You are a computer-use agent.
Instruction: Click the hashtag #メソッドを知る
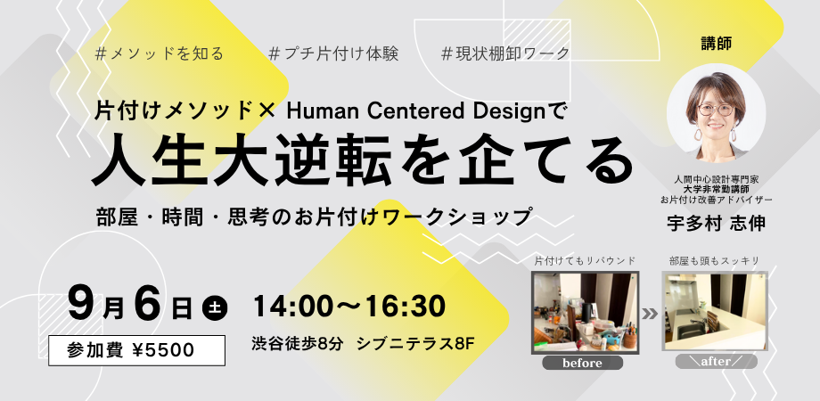pyautogui.click(x=160, y=53)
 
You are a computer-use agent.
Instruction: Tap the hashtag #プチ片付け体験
pyautogui.click(x=333, y=53)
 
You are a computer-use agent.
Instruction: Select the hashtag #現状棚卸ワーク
pyautogui.click(x=505, y=53)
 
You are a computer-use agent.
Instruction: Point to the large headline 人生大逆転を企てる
pyautogui.click(x=363, y=161)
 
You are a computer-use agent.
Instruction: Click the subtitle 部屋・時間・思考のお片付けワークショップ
pyautogui.click(x=315, y=217)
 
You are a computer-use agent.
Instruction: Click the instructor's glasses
pyautogui.click(x=716, y=110)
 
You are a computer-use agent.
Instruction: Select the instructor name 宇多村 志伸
pyautogui.click(x=716, y=224)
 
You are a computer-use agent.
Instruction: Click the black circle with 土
pyautogui.click(x=215, y=307)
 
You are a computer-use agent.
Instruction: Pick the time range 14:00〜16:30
pyautogui.click(x=349, y=307)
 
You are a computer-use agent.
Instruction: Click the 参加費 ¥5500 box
pyautogui.click(x=137, y=350)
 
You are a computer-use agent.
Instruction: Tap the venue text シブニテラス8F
pyautogui.click(x=416, y=344)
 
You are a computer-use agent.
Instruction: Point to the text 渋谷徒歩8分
pyautogui.click(x=298, y=344)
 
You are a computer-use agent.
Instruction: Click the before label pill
pyautogui.click(x=583, y=363)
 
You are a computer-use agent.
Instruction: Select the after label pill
pyautogui.click(x=716, y=362)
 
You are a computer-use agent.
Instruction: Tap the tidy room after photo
pyautogui.click(x=716, y=312)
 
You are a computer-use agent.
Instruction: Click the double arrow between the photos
pyautogui.click(x=650, y=315)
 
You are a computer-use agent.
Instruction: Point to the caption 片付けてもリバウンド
pyautogui.click(x=585, y=260)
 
